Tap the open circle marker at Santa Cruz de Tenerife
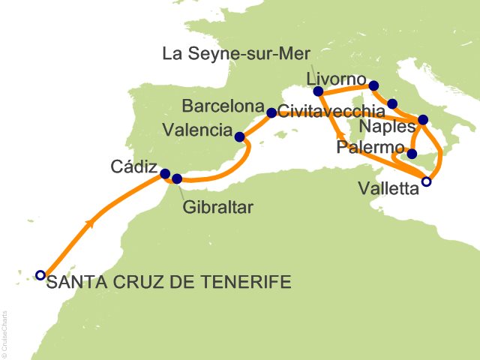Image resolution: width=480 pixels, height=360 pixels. (40, 275)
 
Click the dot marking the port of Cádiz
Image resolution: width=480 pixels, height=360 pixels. (165, 173)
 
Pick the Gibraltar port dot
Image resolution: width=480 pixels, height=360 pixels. (177, 178)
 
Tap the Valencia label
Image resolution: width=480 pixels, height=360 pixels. (196, 130)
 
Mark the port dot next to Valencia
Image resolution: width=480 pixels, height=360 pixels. (239, 137)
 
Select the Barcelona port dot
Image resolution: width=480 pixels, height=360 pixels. (271, 113)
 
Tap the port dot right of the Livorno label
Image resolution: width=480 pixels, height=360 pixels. (374, 85)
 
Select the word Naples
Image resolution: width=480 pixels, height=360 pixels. (382, 125)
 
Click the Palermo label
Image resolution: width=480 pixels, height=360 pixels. (370, 146)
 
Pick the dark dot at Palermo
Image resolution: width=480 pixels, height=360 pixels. (412, 154)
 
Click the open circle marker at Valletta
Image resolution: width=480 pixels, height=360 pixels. (427, 181)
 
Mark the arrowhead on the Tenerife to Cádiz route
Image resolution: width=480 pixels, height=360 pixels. (91, 223)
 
